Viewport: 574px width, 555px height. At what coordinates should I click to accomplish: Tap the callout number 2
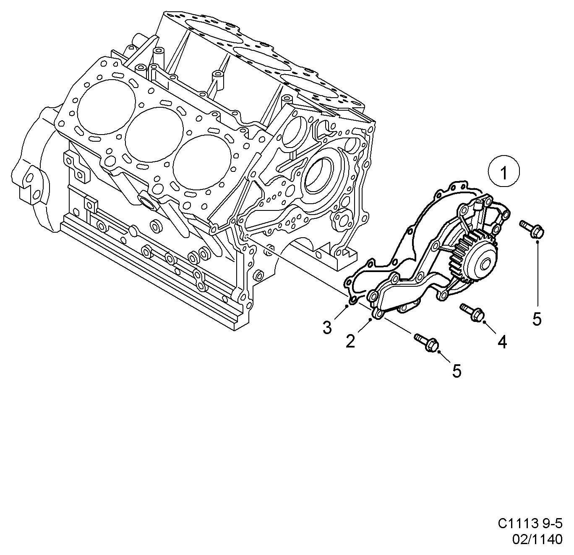[350, 341]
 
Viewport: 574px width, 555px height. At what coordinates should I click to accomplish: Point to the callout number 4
[502, 342]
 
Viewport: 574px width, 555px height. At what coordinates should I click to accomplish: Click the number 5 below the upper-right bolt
[537, 319]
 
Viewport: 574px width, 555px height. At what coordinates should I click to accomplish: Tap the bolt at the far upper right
[532, 228]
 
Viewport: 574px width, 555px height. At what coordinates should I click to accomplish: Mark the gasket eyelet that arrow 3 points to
[352, 300]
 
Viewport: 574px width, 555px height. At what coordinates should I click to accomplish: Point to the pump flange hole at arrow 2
[378, 314]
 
